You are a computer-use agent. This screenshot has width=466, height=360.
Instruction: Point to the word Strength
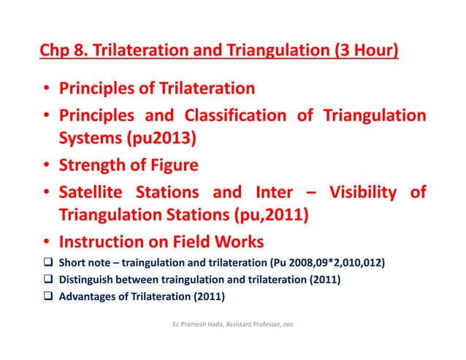(93, 166)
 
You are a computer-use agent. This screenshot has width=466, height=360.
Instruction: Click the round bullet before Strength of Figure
(46, 166)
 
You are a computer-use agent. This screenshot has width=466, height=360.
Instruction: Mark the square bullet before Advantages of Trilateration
(46, 296)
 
